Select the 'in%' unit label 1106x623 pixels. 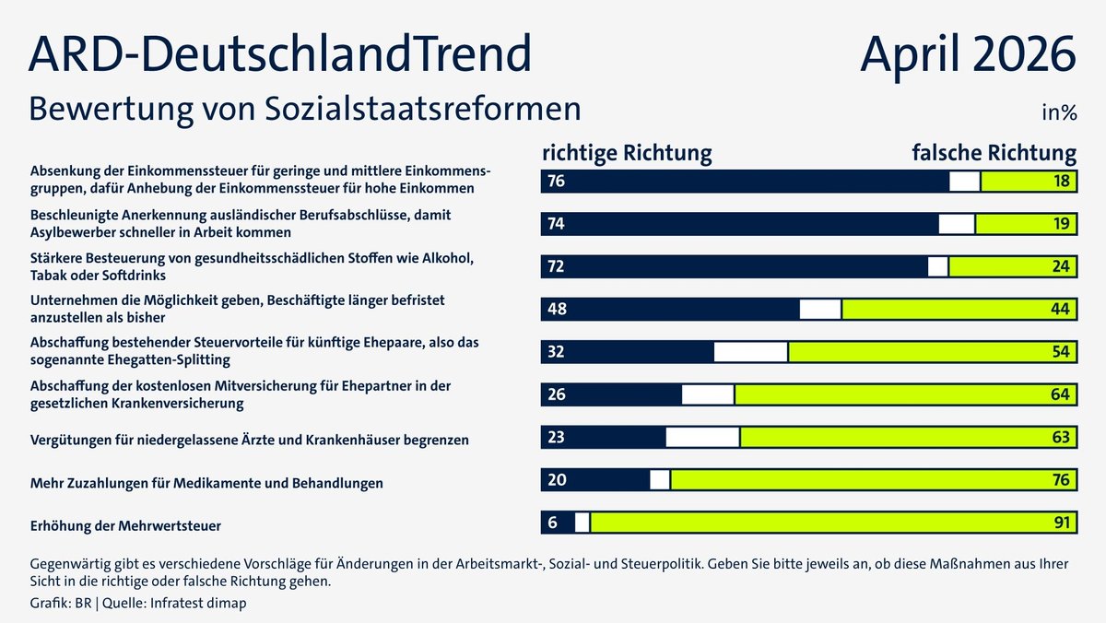pyautogui.click(x=1059, y=113)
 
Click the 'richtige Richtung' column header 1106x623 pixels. pyautogui.click(x=626, y=152)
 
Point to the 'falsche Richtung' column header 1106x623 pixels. pyautogui.click(x=994, y=152)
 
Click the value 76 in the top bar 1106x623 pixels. pyautogui.click(x=556, y=181)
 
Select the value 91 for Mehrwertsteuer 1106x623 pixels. pyautogui.click(x=1063, y=523)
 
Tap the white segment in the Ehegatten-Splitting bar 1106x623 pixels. pyautogui.click(x=750, y=351)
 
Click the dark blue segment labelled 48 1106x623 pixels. pyautogui.click(x=670, y=309)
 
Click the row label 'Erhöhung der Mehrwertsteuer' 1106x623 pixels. pyautogui.click(x=126, y=526)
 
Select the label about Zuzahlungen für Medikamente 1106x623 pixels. pyautogui.click(x=207, y=483)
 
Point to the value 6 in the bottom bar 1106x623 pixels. pyautogui.click(x=552, y=523)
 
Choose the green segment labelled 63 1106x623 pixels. pyautogui.click(x=908, y=437)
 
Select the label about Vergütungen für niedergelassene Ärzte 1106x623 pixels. pyautogui.click(x=250, y=441)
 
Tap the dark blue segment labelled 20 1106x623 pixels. pyautogui.click(x=595, y=479)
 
